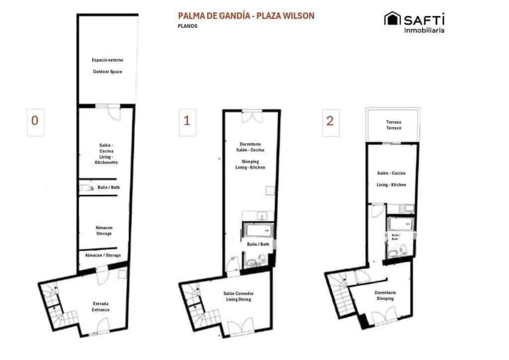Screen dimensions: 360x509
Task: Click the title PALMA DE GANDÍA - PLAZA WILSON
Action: pos(246,16)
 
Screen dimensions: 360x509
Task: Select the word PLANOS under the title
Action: pos(187,26)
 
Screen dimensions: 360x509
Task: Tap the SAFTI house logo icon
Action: pos(392,19)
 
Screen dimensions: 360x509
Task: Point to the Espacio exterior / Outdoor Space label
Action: pos(107,66)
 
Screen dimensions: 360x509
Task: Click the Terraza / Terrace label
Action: pos(394,125)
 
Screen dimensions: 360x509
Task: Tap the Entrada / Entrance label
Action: pos(101,306)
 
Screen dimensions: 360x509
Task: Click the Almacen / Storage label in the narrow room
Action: pos(103,255)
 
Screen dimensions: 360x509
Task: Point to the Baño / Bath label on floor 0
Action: pos(108,187)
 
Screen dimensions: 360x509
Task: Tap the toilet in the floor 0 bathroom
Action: pos(85,187)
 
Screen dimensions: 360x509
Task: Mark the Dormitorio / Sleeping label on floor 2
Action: pos(385,296)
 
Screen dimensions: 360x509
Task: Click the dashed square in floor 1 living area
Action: pos(270,191)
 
